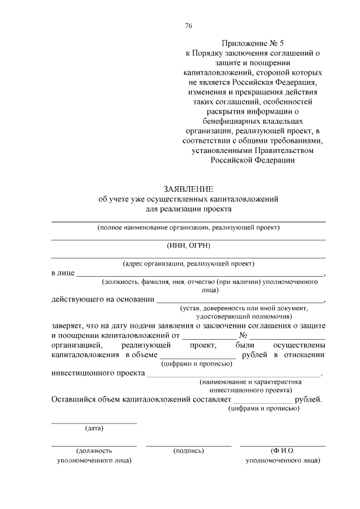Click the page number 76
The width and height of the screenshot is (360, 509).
188,25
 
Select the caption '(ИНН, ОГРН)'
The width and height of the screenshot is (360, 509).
188,245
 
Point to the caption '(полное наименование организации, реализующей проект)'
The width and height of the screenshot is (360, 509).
188,228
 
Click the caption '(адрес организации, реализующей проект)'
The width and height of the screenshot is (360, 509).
188,263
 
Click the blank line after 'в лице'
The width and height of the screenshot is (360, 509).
200,274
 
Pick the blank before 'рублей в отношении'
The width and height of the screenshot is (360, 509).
197,357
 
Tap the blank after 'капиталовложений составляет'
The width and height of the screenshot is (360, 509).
263,401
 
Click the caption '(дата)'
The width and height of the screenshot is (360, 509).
94,429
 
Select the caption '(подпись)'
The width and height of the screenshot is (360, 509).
188,451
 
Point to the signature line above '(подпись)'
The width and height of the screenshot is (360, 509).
188,445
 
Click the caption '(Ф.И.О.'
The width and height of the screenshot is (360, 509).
283,451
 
